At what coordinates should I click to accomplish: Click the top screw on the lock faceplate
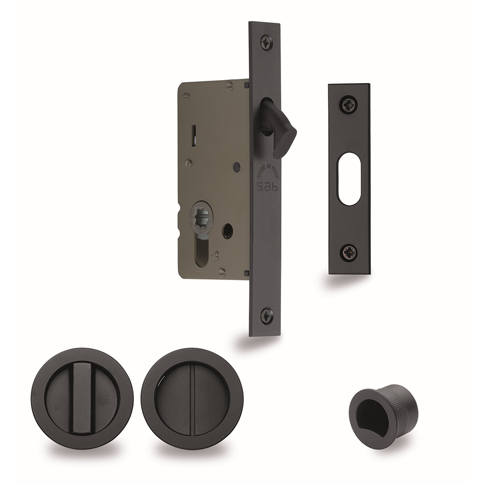coord(266,42)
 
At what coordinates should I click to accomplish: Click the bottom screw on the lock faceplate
coord(266,315)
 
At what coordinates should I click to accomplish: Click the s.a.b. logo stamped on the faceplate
coord(267,188)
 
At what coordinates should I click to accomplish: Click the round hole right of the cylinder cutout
coord(228,231)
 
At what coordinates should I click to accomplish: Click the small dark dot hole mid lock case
coord(236,167)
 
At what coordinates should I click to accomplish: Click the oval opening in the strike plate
coord(349,178)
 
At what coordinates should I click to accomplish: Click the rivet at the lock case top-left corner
coord(186,95)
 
